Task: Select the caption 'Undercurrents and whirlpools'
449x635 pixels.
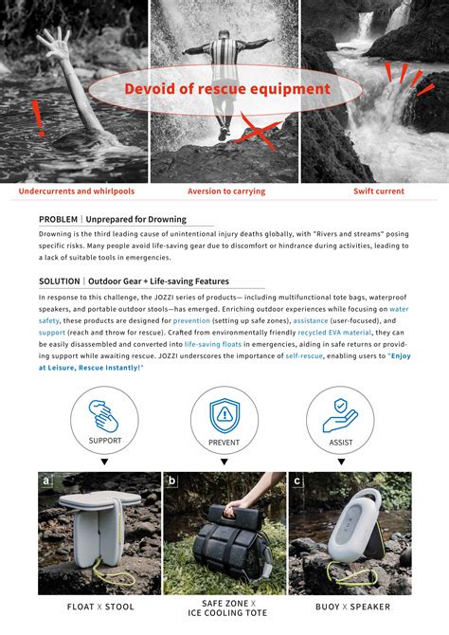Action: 77,191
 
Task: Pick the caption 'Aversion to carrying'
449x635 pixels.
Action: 226,191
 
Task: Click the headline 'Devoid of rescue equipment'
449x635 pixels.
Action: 227,89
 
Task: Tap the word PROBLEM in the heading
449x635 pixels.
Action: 59,219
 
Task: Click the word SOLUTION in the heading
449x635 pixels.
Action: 60,281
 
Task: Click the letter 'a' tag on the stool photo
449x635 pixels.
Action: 45,481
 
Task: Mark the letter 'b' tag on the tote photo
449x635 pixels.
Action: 171,481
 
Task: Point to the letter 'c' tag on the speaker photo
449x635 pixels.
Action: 298,481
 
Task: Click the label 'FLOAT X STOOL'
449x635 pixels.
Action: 100,607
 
